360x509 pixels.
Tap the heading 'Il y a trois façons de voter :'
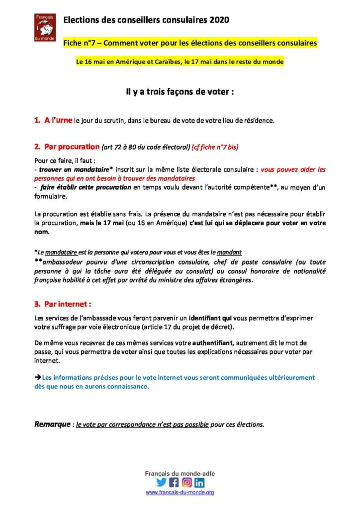180,92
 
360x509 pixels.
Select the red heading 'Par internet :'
68,304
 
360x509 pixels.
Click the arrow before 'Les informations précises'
38,378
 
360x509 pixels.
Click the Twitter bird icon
161,482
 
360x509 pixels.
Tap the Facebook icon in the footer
174,482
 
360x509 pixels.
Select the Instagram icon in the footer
187,482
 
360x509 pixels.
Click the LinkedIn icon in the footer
199,482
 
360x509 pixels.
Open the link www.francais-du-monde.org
180,492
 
